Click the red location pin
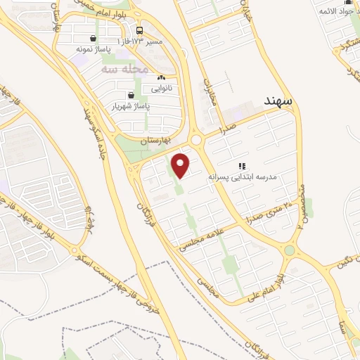click(181, 165)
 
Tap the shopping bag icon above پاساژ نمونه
click(94, 39)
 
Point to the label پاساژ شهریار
click(131, 106)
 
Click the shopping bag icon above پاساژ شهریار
click(131, 95)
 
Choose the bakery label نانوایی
click(161, 89)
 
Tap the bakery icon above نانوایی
click(161, 78)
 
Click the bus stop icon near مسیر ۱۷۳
click(139, 31)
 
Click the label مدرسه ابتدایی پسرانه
click(243, 178)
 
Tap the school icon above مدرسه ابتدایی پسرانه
click(243, 166)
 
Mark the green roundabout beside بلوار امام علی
click(290, 250)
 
